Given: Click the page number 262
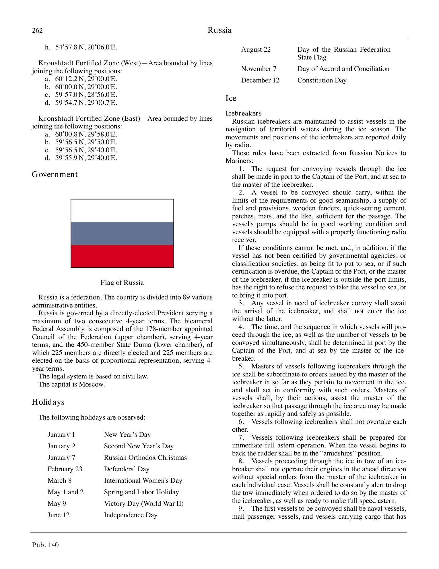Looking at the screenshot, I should tap(37, 30).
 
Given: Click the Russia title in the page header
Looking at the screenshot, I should tap(219, 30).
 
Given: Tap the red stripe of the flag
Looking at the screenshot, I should tap(122, 256).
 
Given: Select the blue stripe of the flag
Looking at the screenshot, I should tap(122, 233).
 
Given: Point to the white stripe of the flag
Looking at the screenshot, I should tap(122, 211).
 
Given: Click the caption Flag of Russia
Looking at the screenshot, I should tap(122, 282).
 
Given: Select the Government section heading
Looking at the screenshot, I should tap(55, 174).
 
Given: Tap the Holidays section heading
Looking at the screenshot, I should tap(48, 402).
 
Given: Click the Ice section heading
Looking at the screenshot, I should tap(231, 98).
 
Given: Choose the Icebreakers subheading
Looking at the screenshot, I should tap(243, 113).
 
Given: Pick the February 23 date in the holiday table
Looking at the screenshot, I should tap(65, 469).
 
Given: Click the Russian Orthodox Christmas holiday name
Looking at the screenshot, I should tap(145, 457).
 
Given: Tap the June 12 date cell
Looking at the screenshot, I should tap(59, 515).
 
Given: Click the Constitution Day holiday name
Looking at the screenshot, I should tap(322, 80).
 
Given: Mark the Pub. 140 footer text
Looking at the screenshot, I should tap(45, 545).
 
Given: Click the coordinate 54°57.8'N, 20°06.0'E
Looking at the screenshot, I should tap(86, 47).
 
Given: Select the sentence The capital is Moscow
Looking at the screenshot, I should tap(71, 384).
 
